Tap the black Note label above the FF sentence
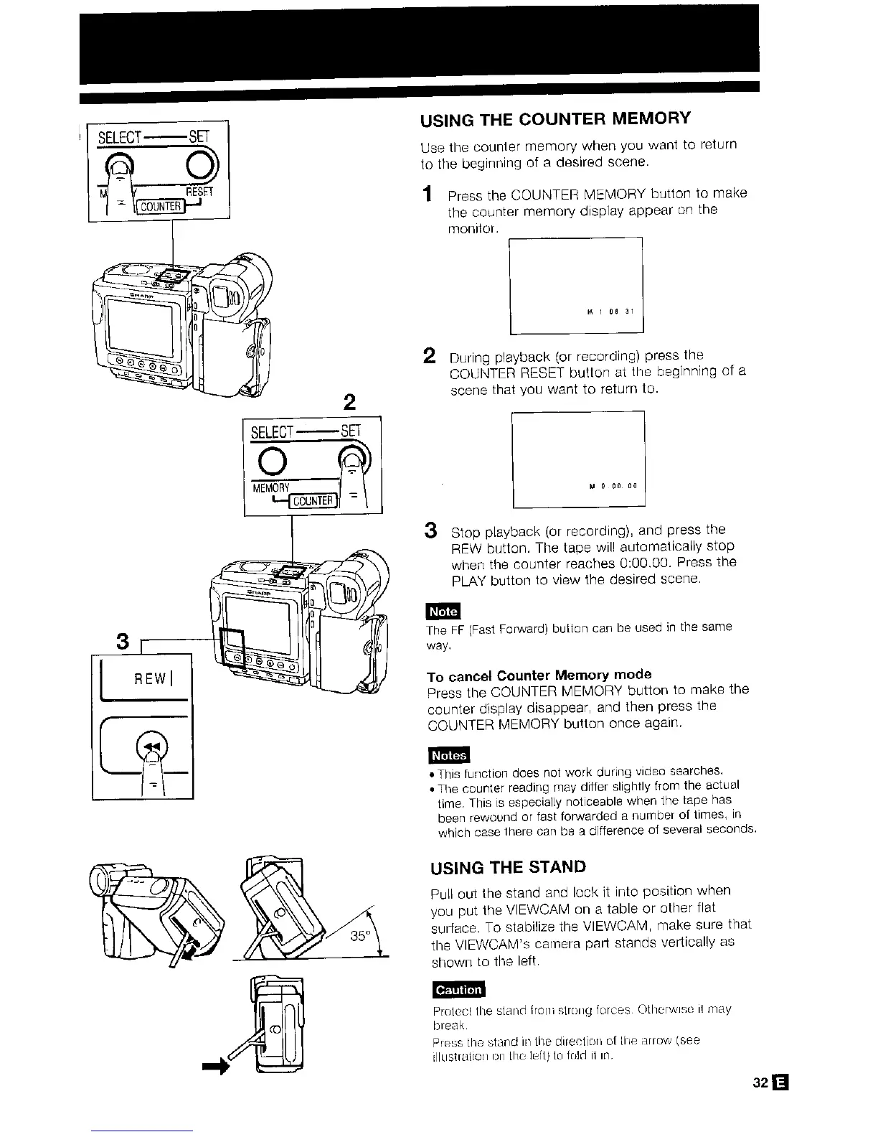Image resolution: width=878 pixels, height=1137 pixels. [x=443, y=611]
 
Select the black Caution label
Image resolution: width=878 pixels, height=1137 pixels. [x=458, y=990]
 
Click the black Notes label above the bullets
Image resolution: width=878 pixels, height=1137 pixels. [x=448, y=755]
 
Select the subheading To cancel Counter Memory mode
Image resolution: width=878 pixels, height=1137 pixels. [x=539, y=675]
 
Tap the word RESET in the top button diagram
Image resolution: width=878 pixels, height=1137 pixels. [x=200, y=192]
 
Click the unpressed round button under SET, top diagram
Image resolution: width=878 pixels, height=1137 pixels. [x=200, y=169]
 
